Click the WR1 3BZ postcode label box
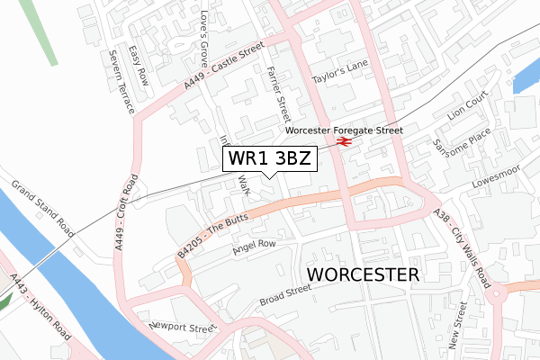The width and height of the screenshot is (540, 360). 270,159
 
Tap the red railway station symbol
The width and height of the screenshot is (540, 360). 343,141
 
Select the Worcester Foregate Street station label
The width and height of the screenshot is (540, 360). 343,130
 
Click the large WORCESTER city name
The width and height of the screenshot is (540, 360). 364,274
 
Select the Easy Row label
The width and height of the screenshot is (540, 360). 138,65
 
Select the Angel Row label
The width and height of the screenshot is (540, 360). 254,247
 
